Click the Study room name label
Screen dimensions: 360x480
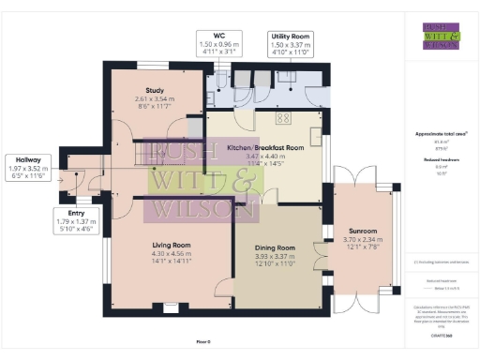tap(155, 90)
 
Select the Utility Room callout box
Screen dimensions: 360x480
tap(290, 44)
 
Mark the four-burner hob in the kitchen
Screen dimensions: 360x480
tap(282, 117)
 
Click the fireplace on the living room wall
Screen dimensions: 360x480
tap(171, 306)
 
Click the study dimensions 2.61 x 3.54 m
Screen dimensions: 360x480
tap(155, 100)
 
